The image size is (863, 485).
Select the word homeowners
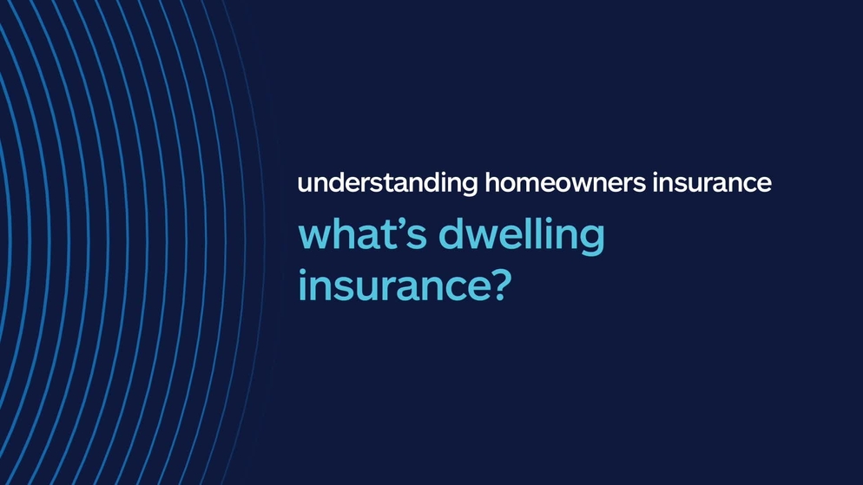(x=564, y=182)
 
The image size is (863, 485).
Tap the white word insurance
(x=712, y=182)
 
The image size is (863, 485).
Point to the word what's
(x=363, y=233)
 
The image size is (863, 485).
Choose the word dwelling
(x=522, y=237)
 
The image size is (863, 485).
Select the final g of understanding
(x=470, y=187)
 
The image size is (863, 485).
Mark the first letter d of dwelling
(x=452, y=233)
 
